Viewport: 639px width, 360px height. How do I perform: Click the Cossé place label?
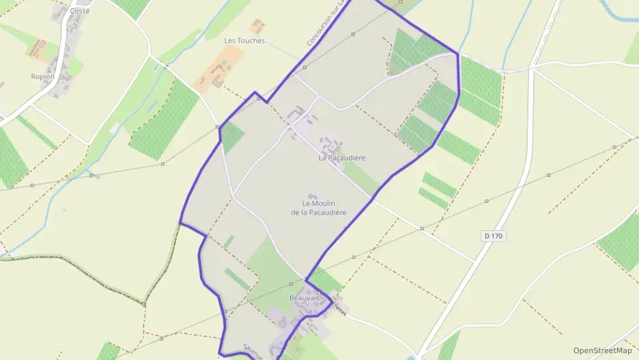(x=79, y=11)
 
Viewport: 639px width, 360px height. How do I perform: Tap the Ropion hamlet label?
(x=42, y=77)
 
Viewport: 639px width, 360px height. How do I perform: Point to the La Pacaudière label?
(x=342, y=158)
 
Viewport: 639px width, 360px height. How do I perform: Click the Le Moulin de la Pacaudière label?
(x=318, y=208)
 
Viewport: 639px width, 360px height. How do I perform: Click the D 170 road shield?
(x=493, y=236)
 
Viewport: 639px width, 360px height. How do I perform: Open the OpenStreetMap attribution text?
(x=602, y=350)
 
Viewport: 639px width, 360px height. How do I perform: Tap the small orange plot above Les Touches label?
(x=258, y=27)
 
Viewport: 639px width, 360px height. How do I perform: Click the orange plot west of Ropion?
(x=38, y=49)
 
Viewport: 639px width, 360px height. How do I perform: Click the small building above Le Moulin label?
(x=313, y=197)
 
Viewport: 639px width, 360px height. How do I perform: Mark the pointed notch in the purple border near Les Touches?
(x=255, y=92)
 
